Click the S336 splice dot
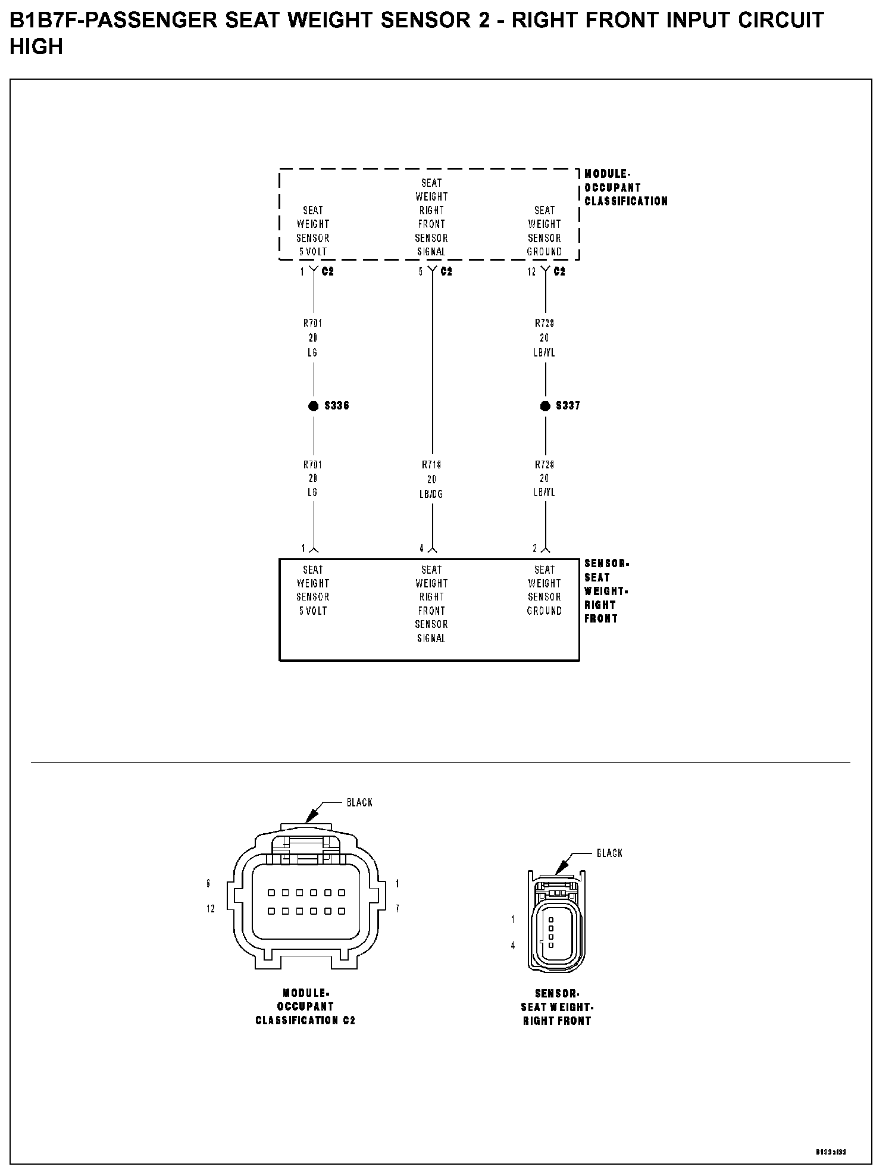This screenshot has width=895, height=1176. click(x=313, y=406)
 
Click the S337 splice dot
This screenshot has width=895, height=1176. click(x=544, y=406)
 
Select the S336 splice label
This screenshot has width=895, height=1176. click(x=337, y=406)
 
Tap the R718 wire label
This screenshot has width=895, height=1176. click(x=431, y=465)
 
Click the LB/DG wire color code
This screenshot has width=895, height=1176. click(x=431, y=495)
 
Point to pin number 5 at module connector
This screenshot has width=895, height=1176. click(x=421, y=272)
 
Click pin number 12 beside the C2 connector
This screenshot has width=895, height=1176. click(x=531, y=272)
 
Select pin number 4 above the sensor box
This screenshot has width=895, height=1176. click(x=421, y=548)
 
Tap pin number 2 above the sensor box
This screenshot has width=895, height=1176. click(x=534, y=548)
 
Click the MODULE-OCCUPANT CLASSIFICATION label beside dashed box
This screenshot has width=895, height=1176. click(x=625, y=187)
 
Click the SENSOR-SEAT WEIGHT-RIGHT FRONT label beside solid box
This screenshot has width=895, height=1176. click(x=606, y=591)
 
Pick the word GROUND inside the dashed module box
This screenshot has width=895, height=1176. click(x=544, y=252)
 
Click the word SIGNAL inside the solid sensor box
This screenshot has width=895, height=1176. click(x=431, y=639)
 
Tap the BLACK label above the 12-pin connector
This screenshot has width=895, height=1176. click(x=359, y=803)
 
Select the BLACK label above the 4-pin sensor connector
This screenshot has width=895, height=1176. click(x=609, y=853)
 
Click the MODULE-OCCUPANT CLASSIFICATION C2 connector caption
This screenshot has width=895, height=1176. click(x=305, y=1007)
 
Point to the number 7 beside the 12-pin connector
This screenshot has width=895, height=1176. click(x=397, y=909)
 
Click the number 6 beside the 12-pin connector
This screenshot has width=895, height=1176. click(x=208, y=884)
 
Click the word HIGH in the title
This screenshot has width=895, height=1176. click(x=36, y=48)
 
